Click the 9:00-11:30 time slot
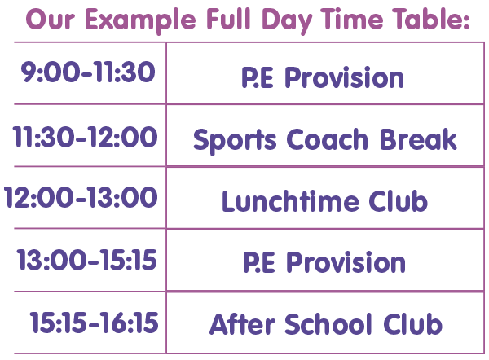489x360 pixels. (88, 72)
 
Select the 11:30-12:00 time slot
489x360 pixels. (85, 137)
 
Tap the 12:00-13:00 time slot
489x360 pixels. (81, 197)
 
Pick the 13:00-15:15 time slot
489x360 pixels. (86, 260)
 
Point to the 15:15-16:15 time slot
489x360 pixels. (94, 323)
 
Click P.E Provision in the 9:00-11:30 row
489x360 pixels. (323, 77)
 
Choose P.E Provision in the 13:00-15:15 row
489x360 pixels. (324, 262)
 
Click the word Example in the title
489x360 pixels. (141, 20)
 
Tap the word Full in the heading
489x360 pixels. (228, 19)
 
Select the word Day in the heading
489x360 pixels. (287, 21)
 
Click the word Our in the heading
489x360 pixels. (51, 20)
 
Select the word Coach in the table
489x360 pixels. (327, 139)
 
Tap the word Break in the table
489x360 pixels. (418, 139)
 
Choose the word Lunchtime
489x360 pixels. (290, 201)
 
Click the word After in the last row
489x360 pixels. (242, 324)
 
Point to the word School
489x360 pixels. (328, 324)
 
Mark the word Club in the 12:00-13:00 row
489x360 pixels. (398, 201)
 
